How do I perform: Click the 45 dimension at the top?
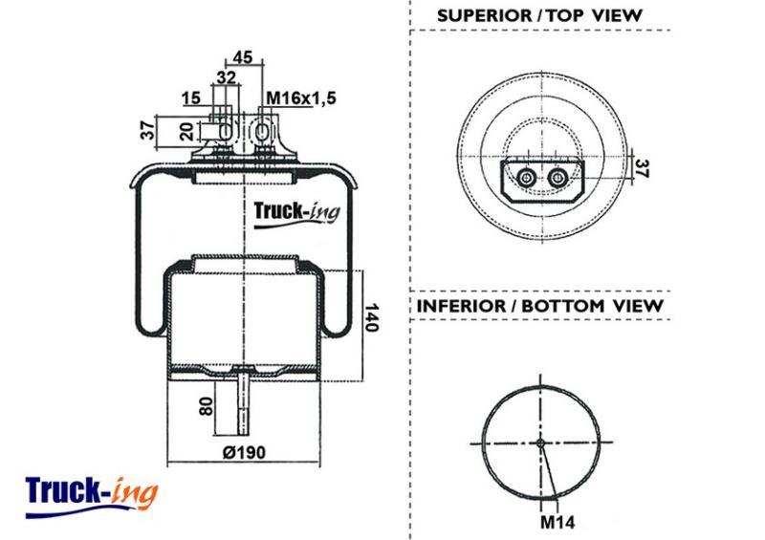tap(243, 57)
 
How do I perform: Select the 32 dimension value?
tap(227, 77)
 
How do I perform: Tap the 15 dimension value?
tap(191, 98)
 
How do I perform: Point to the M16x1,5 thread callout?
tap(301, 98)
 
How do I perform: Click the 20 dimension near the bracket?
tap(187, 131)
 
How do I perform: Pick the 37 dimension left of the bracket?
tap(148, 131)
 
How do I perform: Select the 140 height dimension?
tap(372, 317)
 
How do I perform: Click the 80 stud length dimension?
tap(207, 406)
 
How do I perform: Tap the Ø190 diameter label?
tap(245, 453)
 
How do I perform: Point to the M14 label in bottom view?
tap(557, 523)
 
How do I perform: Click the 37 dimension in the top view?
tap(643, 169)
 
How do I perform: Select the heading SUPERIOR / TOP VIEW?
tap(539, 15)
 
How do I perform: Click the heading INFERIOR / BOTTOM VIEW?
tap(540, 306)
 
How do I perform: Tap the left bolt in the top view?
tap(526, 178)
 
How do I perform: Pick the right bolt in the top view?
tap(557, 178)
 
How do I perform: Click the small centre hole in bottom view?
tap(540, 443)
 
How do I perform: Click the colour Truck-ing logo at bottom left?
tap(92, 496)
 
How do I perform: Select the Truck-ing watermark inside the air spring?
tap(296, 214)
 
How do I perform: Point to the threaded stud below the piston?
tap(243, 402)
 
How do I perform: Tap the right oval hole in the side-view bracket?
tap(262, 131)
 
